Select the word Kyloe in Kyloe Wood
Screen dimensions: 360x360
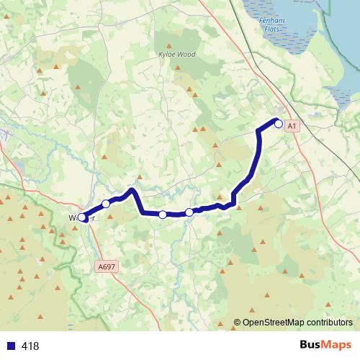tap(166, 53)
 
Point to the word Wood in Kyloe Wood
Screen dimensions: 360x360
tap(185, 53)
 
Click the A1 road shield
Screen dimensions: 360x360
tap(291, 126)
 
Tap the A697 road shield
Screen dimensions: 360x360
tap(106, 266)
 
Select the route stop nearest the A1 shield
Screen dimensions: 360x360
tap(279, 123)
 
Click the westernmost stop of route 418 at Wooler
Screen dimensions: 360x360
tap(82, 217)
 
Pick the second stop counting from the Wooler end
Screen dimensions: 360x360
tap(106, 204)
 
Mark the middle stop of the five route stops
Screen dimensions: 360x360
tap(163, 215)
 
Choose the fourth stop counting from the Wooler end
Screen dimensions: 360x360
tap(189, 212)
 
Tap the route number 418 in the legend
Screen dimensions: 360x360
tap(31, 346)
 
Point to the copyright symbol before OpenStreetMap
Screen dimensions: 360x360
tap(237, 323)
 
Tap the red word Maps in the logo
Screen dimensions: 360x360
tap(336, 345)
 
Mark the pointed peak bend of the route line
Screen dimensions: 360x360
tap(132, 190)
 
